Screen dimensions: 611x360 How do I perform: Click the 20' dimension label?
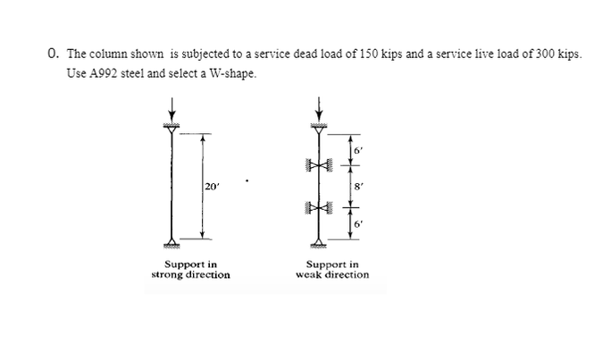click(x=211, y=186)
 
